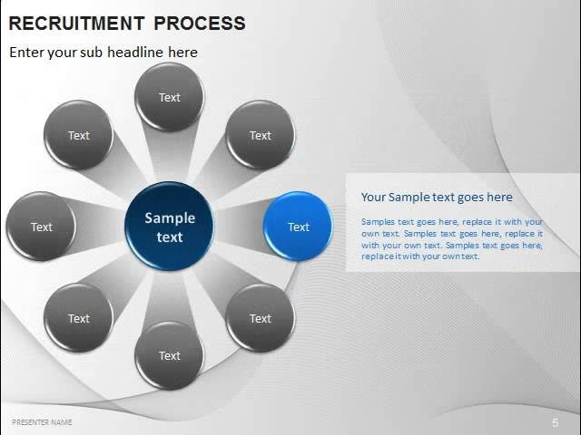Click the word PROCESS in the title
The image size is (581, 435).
point(200,24)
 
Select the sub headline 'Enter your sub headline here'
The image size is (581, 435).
point(103,52)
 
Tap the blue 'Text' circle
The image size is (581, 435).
point(298,227)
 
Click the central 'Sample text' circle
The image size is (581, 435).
point(170,227)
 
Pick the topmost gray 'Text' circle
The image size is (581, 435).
point(170,97)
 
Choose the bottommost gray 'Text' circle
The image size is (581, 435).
point(170,355)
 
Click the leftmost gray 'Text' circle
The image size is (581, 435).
point(42,227)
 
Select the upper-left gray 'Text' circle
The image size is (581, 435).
point(79,135)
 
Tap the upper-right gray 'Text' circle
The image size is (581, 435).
point(261,135)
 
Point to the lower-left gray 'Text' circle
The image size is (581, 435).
point(79,318)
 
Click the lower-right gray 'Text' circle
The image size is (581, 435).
point(261,318)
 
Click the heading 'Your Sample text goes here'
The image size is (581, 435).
point(437,197)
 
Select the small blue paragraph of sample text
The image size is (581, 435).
point(451,238)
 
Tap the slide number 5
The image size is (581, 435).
point(555,423)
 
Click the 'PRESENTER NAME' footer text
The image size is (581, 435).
point(42,422)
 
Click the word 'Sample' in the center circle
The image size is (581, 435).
point(170,217)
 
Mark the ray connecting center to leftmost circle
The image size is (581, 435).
point(100,227)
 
